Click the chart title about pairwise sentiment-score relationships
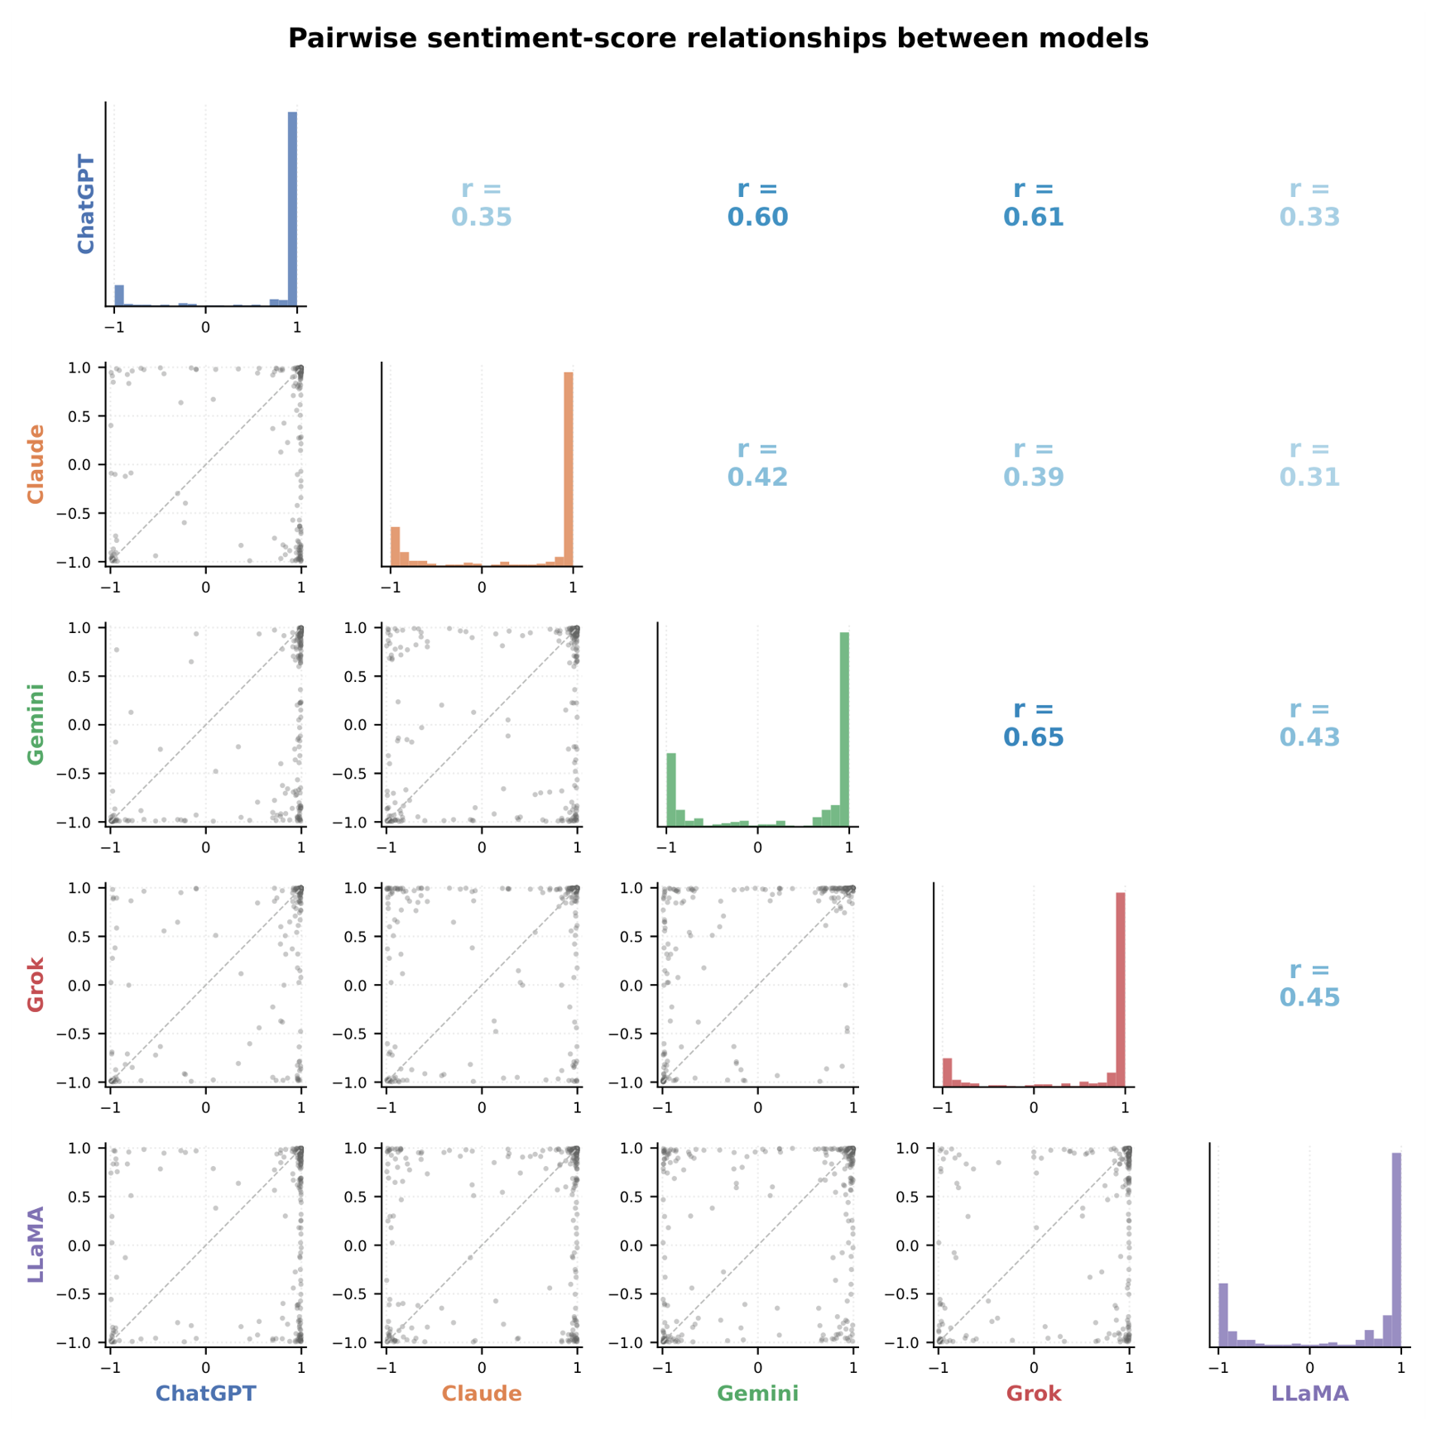pyautogui.click(x=718, y=38)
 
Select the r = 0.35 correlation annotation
pyautogui.click(x=482, y=203)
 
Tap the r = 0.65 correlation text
pyautogui.click(x=1034, y=723)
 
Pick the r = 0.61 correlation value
pyautogui.click(x=1034, y=203)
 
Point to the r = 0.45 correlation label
pyautogui.click(x=1309, y=983)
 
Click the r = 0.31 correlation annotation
pyautogui.click(x=1309, y=463)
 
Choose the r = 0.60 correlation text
pyautogui.click(x=757, y=203)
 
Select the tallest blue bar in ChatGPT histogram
pyautogui.click(x=292, y=209)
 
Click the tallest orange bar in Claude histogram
pyautogui.click(x=569, y=469)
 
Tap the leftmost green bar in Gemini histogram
pyautogui.click(x=671, y=789)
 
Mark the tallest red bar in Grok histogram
pyautogui.click(x=1121, y=990)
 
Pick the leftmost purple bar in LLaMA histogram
pyautogui.click(x=1223, y=1315)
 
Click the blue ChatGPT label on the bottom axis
pyautogui.click(x=206, y=1394)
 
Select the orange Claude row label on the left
pyautogui.click(x=36, y=463)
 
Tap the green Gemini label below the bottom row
pyautogui.click(x=757, y=1394)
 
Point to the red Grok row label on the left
pyautogui.click(x=36, y=984)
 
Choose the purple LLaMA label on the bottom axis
pyautogui.click(x=1309, y=1394)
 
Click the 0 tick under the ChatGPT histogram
pyautogui.click(x=206, y=327)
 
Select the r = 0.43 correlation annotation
pyautogui.click(x=1309, y=723)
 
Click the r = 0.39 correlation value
pyautogui.click(x=1034, y=463)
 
